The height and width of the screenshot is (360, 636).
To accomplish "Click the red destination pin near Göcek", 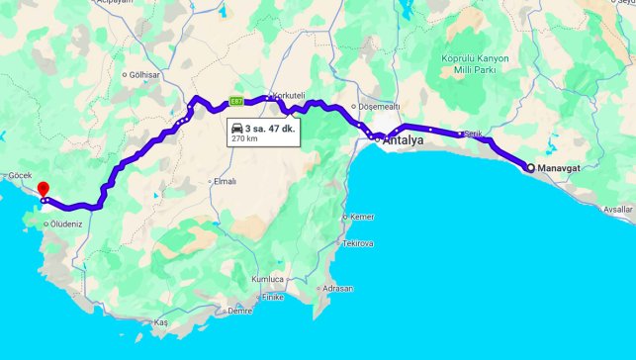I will tap(42, 189).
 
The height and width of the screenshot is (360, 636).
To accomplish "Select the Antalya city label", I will tap(403, 141).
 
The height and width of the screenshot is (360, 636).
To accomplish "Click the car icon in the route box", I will tap(237, 129).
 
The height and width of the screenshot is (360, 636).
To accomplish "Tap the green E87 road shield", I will tap(236, 101).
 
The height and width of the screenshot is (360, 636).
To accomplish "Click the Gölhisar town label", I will tap(144, 74).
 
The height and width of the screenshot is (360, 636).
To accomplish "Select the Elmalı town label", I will tap(225, 181).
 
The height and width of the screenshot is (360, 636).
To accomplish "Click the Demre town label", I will tap(239, 311).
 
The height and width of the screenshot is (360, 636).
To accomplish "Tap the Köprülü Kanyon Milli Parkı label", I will tap(475, 64).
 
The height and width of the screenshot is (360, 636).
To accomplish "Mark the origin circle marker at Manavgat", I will tap(529, 167).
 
